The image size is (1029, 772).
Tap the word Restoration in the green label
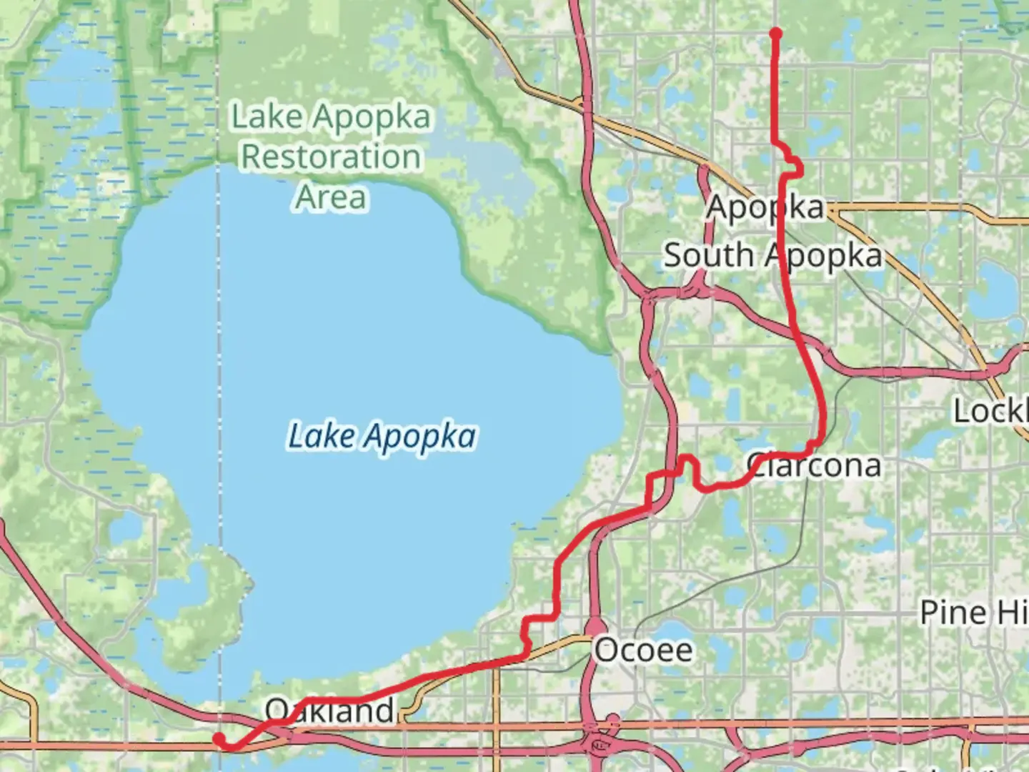point(331,157)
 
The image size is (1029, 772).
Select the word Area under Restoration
point(331,197)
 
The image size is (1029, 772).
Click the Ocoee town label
point(643,650)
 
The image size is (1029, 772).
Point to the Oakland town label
point(329,711)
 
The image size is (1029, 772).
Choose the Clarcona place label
point(814,465)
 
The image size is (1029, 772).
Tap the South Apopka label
point(772,256)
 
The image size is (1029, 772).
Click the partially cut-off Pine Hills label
point(973,613)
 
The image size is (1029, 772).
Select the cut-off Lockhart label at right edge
point(990,411)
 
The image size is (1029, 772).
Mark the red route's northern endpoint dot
point(775,33)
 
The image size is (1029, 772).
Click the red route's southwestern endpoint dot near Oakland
point(220,738)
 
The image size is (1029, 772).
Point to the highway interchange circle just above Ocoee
point(595,627)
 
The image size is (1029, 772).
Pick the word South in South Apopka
point(708,256)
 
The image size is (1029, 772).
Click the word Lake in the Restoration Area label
point(267,117)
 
